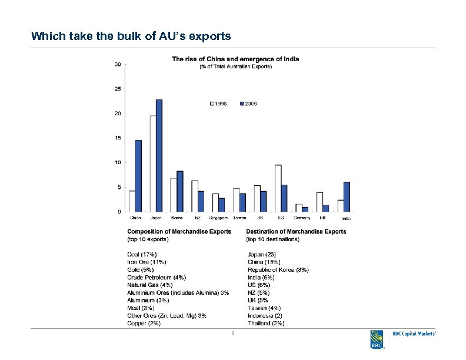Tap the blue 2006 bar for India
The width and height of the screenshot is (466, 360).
347,196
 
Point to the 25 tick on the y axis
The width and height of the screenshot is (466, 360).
118,89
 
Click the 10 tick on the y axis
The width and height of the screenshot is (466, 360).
118,162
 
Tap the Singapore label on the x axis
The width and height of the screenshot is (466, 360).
218,218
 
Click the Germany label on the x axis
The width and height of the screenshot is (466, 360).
302,218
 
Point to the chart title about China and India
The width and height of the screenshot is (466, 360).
235,59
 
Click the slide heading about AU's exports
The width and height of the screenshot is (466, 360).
131,36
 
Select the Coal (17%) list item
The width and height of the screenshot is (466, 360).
142,254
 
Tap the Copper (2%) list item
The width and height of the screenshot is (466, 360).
144,323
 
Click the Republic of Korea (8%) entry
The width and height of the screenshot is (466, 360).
278,269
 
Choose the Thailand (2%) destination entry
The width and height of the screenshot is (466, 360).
266,323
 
